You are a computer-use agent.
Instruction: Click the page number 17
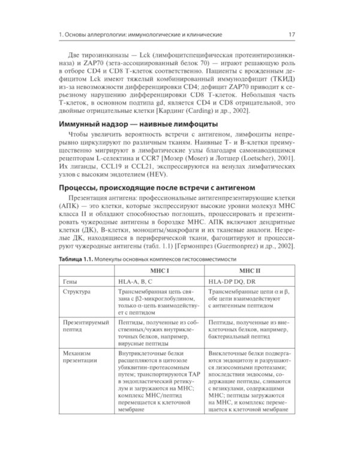coord(290,34)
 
